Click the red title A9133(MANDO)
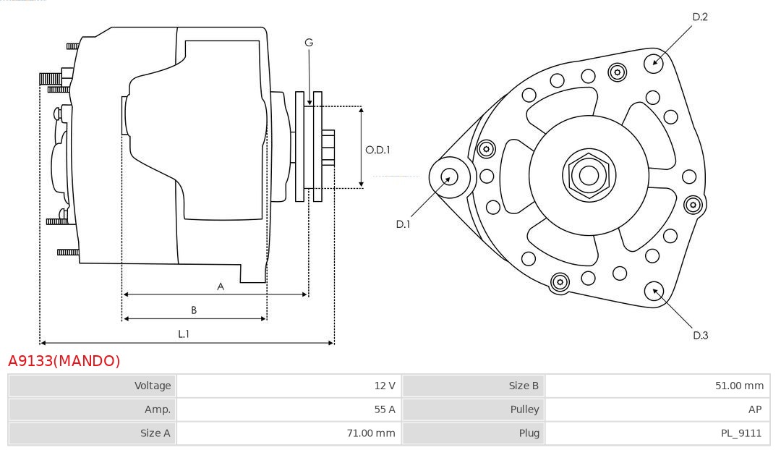tap(64, 361)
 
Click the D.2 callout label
tap(700, 17)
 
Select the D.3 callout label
tap(700, 335)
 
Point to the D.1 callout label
tap(403, 224)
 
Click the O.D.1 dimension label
tap(377, 150)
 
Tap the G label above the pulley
tap(309, 43)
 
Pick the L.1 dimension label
tap(184, 334)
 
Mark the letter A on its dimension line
tap(221, 286)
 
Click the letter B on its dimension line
tap(194, 310)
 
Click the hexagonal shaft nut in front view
tap(589, 175)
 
